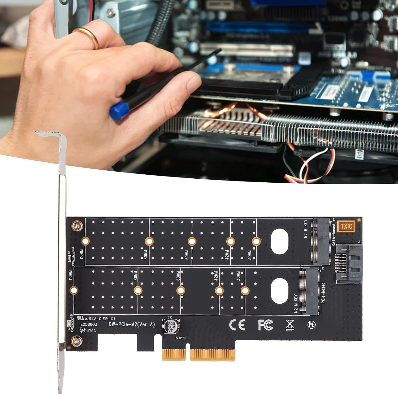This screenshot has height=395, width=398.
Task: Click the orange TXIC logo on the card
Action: (x=347, y=226)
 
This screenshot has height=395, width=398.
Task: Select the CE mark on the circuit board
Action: (x=237, y=324)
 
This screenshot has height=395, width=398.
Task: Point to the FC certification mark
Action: (x=265, y=325)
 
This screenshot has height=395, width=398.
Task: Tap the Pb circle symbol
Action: (x=312, y=325)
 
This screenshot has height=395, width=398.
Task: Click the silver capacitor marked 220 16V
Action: (x=171, y=326)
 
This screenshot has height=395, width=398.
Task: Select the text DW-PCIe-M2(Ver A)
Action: (x=132, y=324)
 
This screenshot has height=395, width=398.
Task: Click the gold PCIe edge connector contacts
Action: (x=199, y=355)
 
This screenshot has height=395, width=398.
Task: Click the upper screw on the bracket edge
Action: (x=77, y=226)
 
